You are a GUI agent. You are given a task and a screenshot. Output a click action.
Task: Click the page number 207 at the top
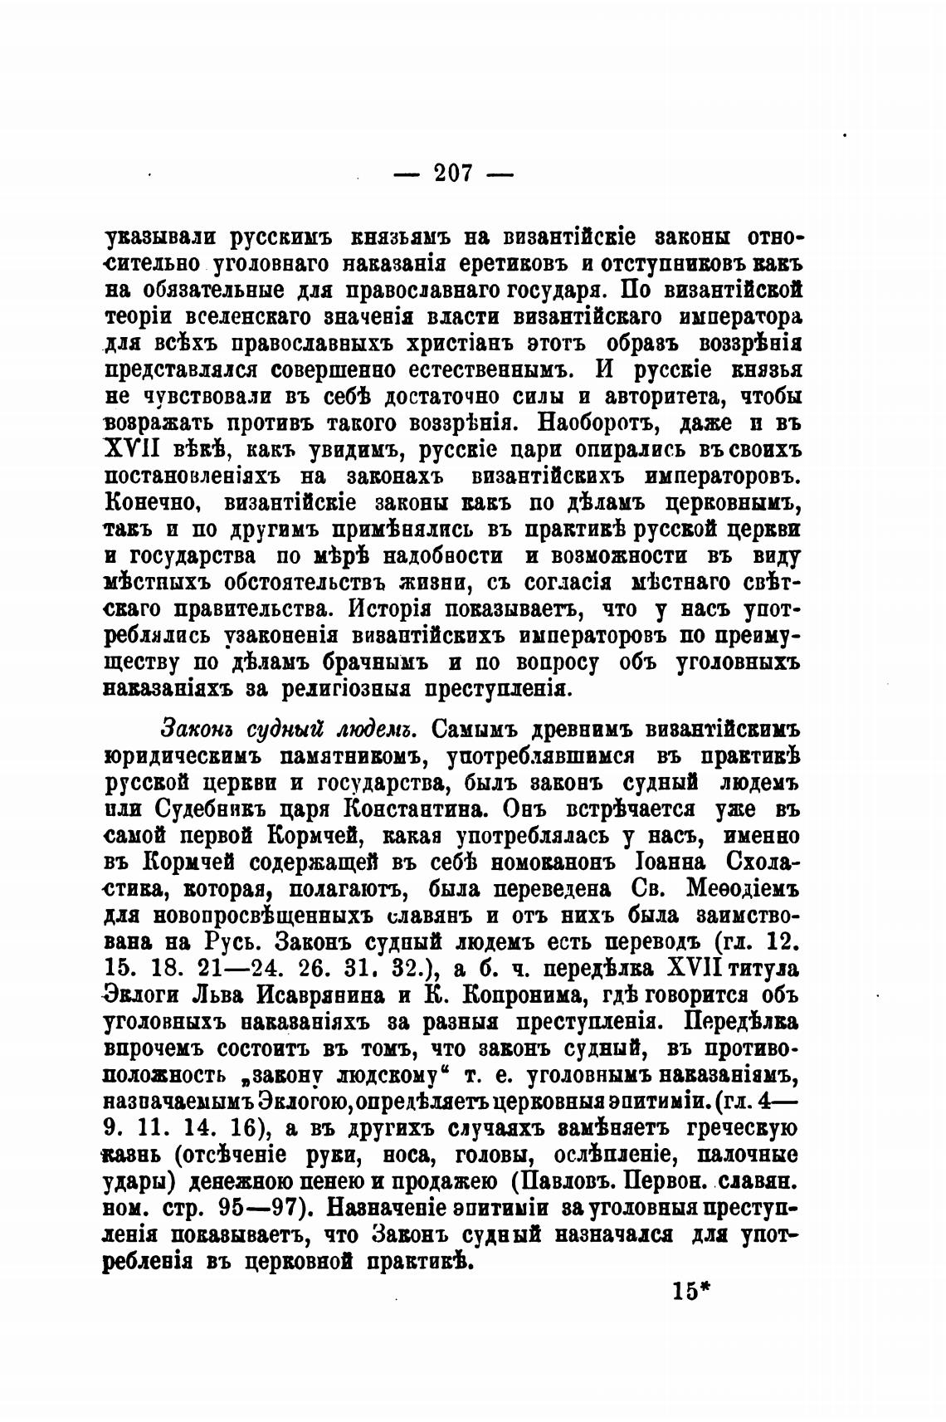[453, 173]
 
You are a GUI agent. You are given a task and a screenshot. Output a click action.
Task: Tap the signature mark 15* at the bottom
[695, 1293]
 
